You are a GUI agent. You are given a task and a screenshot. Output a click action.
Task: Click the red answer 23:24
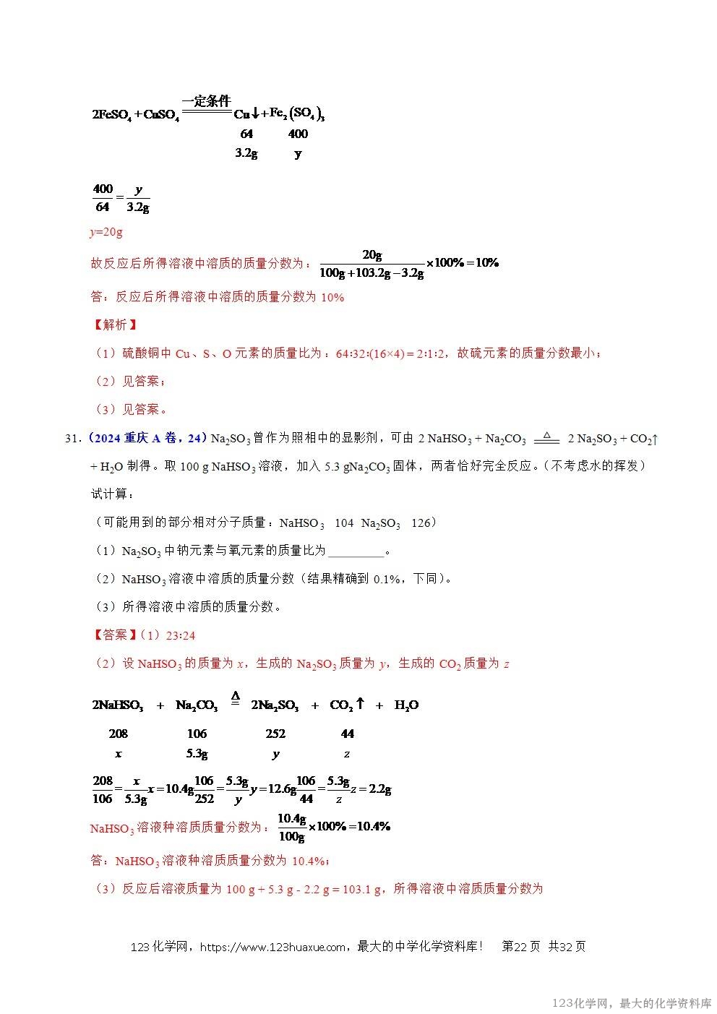click(x=181, y=635)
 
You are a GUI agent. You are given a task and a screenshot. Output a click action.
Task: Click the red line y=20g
click(x=106, y=232)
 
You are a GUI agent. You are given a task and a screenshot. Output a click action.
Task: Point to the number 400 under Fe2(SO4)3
click(x=298, y=134)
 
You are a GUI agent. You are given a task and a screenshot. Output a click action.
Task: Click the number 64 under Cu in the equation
click(x=246, y=134)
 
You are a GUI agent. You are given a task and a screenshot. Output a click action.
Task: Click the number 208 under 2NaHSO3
click(x=118, y=734)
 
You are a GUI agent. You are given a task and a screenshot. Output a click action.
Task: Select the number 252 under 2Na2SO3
click(x=275, y=734)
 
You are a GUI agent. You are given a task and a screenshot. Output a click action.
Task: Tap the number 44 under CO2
click(x=348, y=734)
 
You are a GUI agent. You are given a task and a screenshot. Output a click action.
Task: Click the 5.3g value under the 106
click(x=197, y=753)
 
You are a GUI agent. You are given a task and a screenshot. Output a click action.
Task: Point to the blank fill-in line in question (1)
click(x=356, y=551)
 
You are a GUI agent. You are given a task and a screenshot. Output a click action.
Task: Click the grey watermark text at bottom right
click(x=631, y=1003)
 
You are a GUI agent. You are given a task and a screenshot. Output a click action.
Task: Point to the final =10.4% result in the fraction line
click(x=369, y=826)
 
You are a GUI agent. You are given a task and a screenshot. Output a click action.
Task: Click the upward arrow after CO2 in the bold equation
click(x=360, y=703)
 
